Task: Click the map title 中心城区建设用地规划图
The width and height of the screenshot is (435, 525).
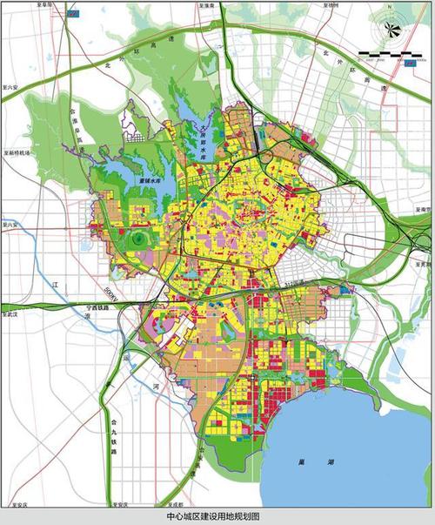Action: pyautogui.click(x=217, y=516)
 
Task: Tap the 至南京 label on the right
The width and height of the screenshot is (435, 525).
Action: pyautogui.click(x=424, y=210)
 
